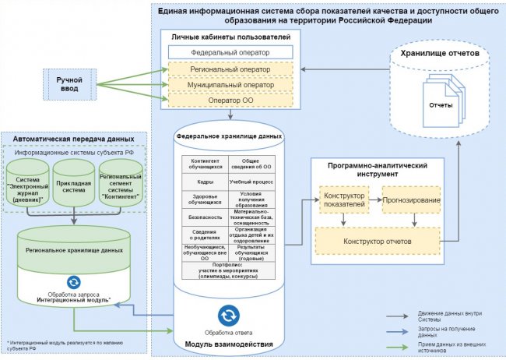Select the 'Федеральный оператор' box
[x=229, y=53]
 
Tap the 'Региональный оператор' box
[x=229, y=69]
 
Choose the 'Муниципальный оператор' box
[x=229, y=84]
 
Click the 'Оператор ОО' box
[x=229, y=101]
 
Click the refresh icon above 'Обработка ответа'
[x=229, y=315]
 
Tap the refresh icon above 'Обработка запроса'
[x=74, y=282]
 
